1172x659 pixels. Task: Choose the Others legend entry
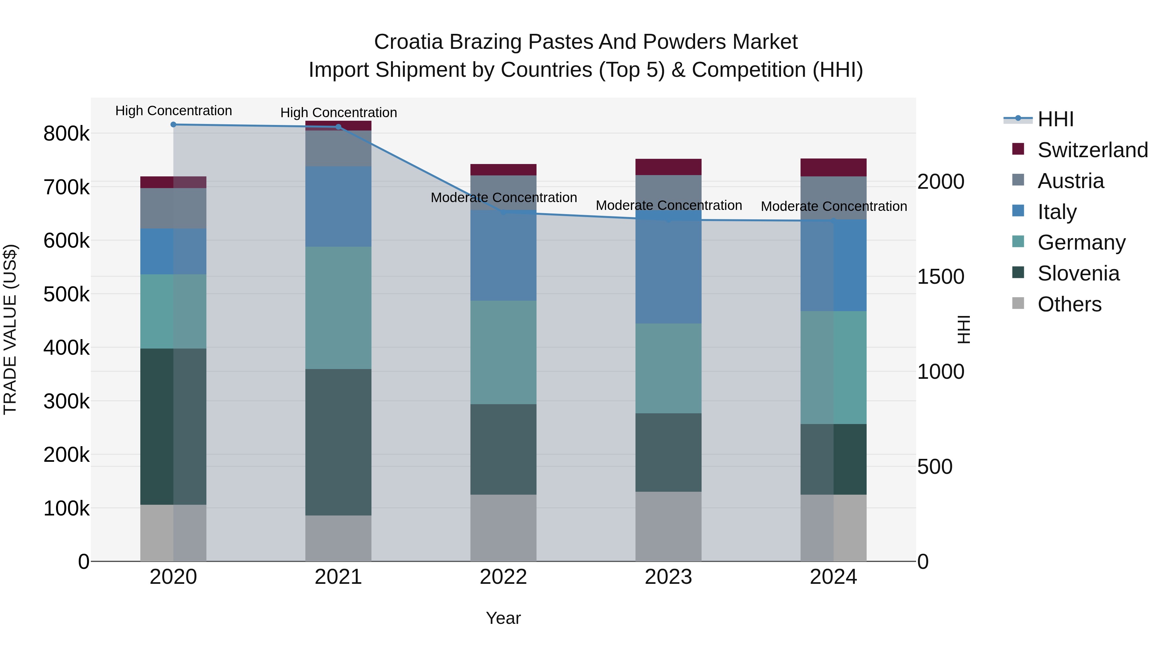coord(1069,304)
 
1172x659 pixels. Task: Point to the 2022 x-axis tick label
coord(503,577)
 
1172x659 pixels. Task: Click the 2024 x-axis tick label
coord(833,577)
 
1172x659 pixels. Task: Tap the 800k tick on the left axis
coord(66,134)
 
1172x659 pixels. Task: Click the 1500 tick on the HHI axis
coord(941,277)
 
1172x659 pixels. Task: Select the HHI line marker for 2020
coord(173,125)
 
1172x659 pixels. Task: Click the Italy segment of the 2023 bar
coord(668,267)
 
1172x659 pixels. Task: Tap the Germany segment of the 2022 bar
coord(503,352)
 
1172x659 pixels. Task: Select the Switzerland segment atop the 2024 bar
coord(833,167)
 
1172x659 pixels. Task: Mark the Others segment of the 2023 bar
coord(668,526)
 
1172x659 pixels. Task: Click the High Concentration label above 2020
coord(173,111)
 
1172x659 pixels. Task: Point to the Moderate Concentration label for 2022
coord(504,198)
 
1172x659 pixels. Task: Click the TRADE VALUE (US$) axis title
coord(10,329)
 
